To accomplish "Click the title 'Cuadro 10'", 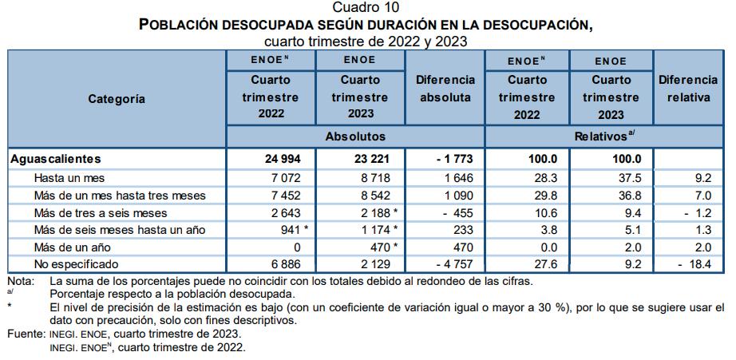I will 366,8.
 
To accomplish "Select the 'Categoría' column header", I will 117,99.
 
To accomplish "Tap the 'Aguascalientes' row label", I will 56,160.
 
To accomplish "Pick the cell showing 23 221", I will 364,160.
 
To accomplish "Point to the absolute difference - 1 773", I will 453,160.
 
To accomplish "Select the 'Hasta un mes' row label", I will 69,178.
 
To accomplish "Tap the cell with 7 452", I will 283,196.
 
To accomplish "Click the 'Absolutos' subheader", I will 355,136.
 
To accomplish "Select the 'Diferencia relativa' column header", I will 688,89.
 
